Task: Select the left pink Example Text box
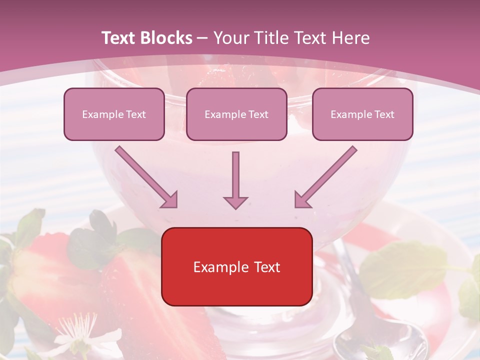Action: coord(114,114)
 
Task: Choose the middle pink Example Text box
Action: coord(236,114)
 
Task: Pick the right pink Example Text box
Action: coord(362,114)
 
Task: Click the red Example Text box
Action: coord(236,266)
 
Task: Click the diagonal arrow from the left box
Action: coord(145,176)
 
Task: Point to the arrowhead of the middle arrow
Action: coord(235,202)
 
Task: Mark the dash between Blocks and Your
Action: coord(202,38)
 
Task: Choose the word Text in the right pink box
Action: coord(384,114)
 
